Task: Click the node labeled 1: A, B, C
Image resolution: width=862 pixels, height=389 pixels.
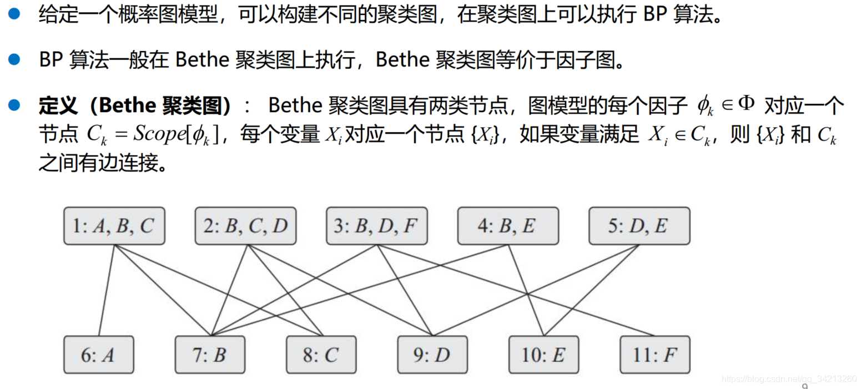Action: [x=114, y=226]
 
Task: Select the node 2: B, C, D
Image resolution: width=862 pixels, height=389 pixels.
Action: [x=245, y=226]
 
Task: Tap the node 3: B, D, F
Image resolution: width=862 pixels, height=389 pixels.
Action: [x=376, y=226]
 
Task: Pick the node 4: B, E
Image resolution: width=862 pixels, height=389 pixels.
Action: [x=508, y=226]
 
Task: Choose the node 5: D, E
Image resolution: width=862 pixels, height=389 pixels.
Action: [x=639, y=226]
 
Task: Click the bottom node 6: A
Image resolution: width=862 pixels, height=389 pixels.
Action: [x=98, y=355]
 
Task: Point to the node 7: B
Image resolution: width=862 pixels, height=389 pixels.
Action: [x=210, y=355]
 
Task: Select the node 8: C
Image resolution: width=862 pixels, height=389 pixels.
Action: [x=321, y=355]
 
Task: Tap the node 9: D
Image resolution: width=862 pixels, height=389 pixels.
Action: [x=432, y=355]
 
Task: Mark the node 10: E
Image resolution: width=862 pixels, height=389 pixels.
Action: [x=543, y=355]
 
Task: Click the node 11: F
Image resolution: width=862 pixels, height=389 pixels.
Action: [x=655, y=355]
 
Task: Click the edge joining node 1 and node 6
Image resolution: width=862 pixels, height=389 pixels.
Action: [x=107, y=290]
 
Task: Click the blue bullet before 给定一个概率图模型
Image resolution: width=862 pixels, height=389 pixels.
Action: [x=14, y=14]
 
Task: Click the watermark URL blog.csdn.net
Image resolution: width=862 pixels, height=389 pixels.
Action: [x=788, y=378]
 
